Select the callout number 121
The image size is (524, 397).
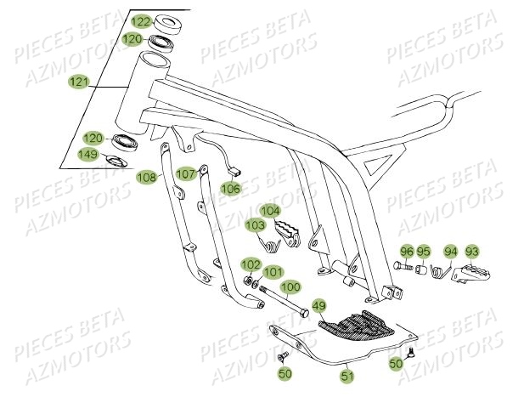click(79, 82)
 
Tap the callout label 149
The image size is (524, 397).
click(87, 154)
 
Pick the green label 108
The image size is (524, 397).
click(147, 178)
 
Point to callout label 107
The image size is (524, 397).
click(187, 173)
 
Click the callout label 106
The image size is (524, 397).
click(231, 188)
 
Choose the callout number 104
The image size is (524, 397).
click(269, 210)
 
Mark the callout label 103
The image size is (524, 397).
click(255, 225)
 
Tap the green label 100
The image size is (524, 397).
click(290, 286)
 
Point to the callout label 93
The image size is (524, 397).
click(472, 252)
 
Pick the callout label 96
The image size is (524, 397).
click(406, 252)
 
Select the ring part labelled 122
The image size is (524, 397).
click(166, 21)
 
